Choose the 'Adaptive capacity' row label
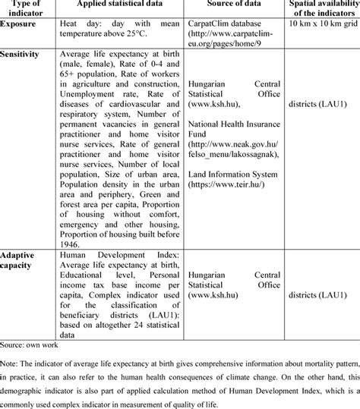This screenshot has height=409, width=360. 21,260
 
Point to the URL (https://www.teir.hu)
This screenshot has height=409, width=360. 228,183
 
